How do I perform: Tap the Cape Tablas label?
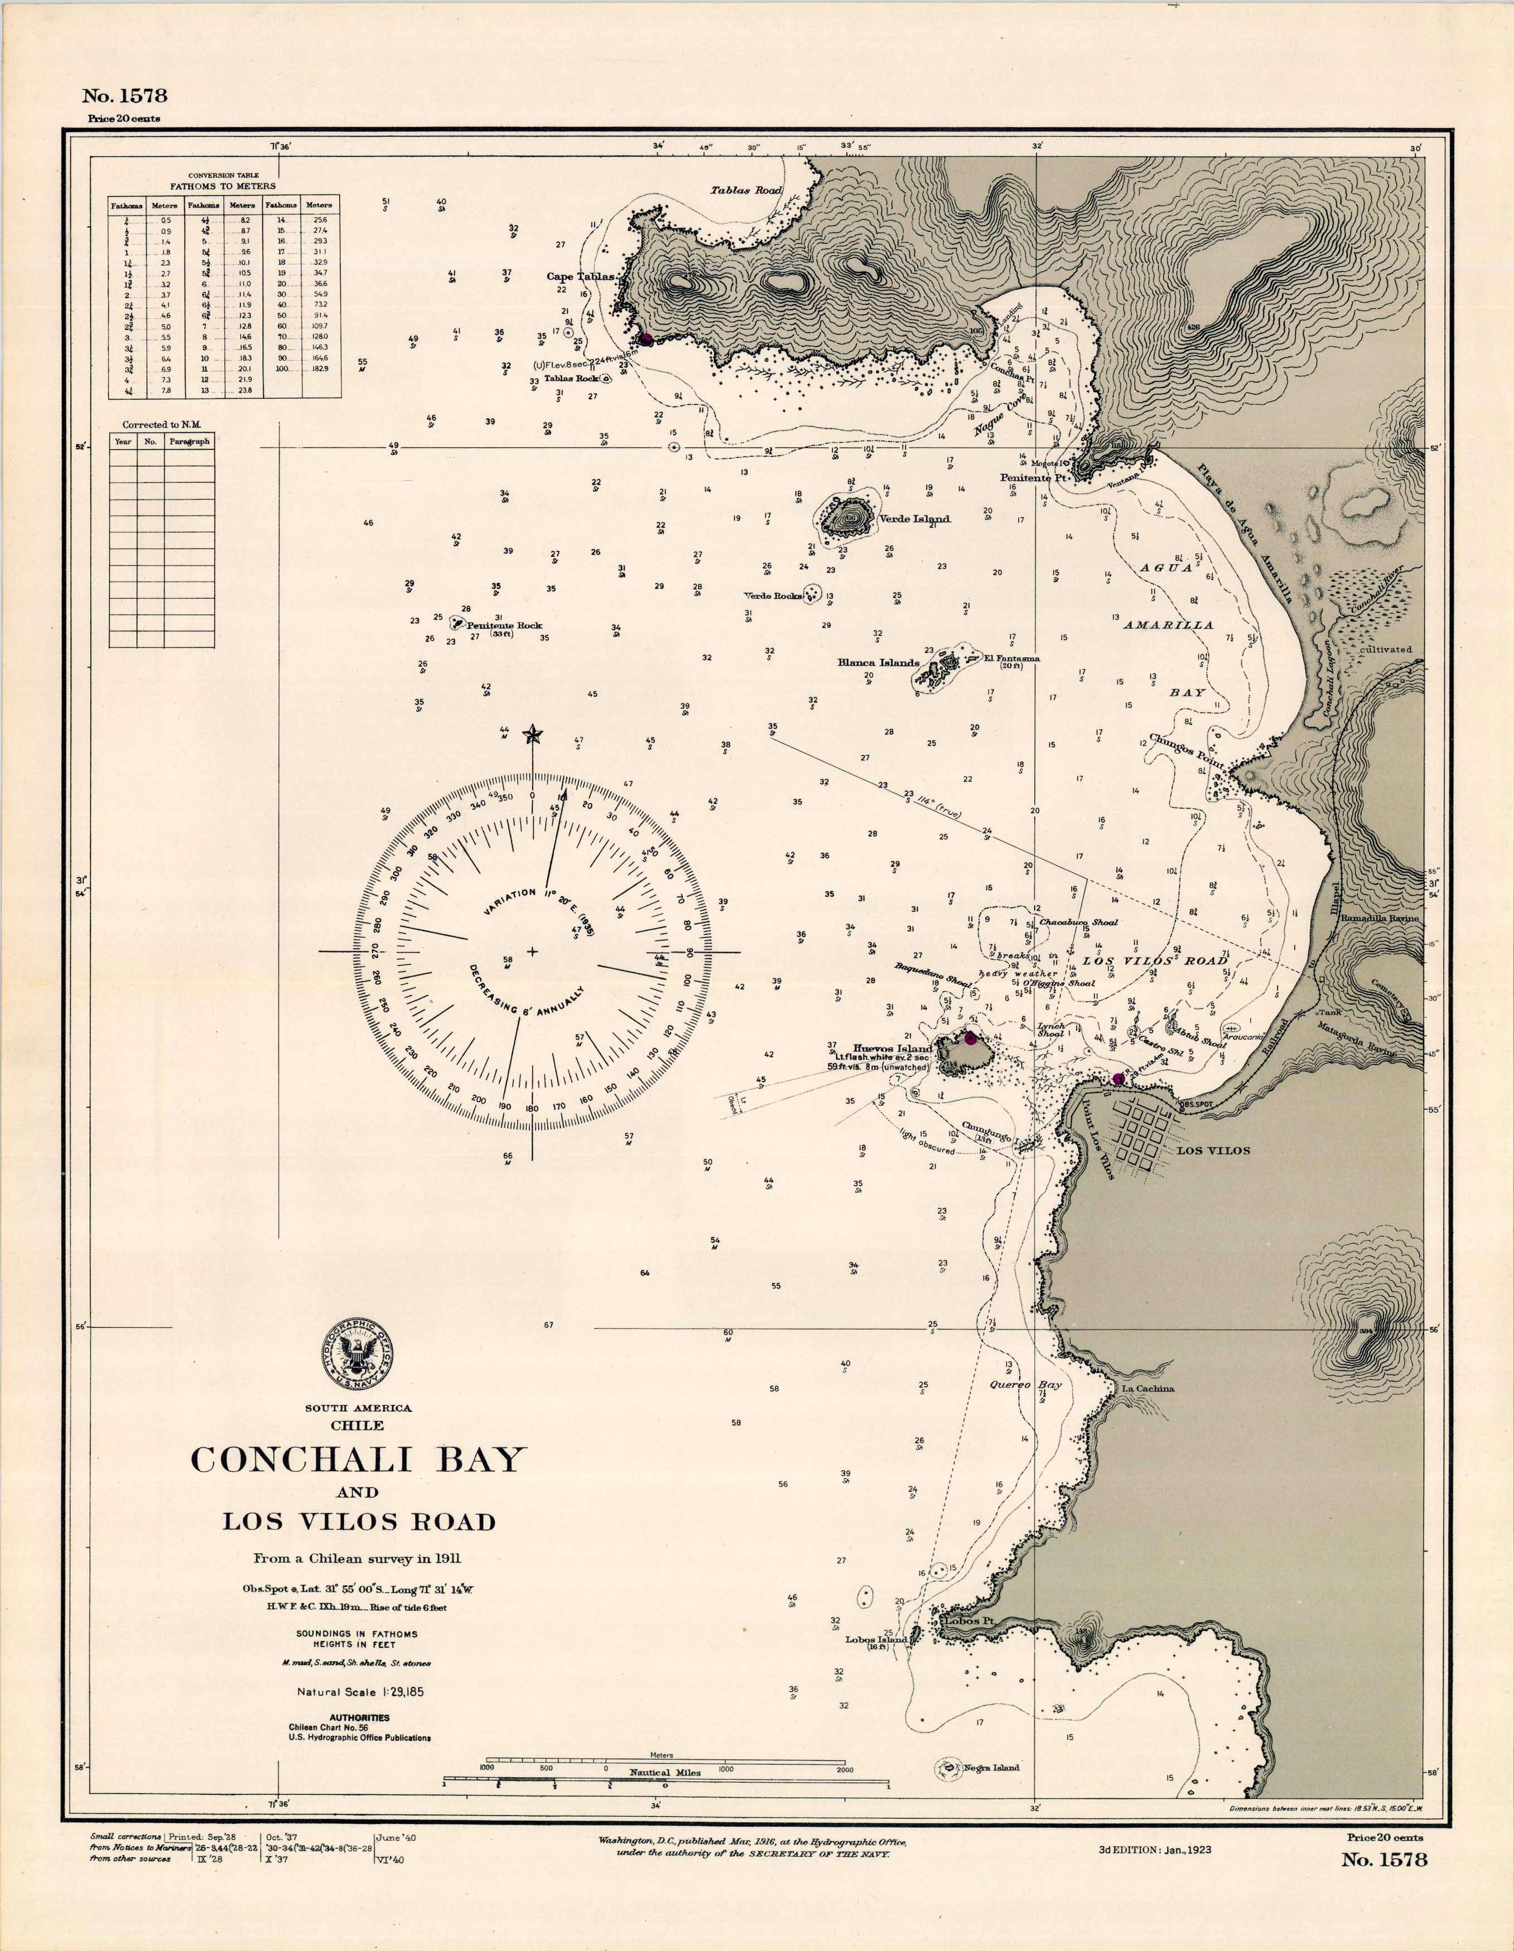581,277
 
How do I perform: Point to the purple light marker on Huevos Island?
970,1037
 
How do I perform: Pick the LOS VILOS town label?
1213,1151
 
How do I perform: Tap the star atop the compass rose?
533,735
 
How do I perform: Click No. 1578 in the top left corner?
124,95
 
